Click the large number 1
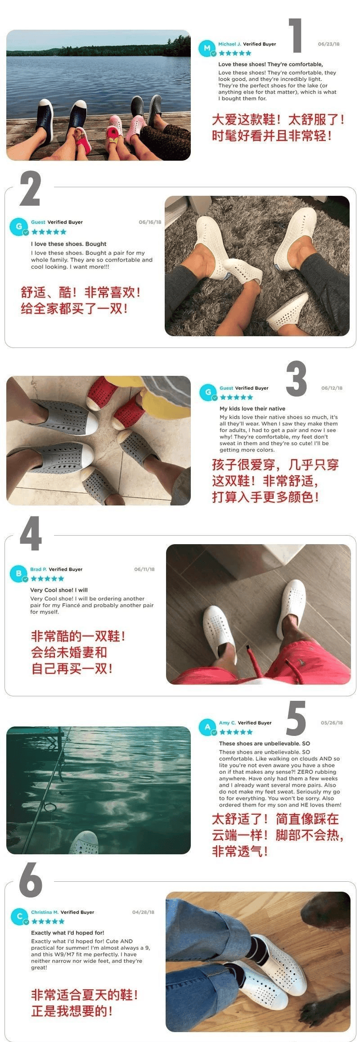296,36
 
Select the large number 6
31,880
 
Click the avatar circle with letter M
207,48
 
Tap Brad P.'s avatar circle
18,573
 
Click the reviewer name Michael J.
229,44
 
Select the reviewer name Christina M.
45,912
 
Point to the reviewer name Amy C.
227,722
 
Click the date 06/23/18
328,44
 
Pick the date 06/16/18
150,222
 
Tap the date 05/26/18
332,722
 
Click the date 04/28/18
143,912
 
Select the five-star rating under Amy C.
236,732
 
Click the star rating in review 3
236,397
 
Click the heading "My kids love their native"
252,409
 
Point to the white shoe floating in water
84,843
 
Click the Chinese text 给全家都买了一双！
74,308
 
